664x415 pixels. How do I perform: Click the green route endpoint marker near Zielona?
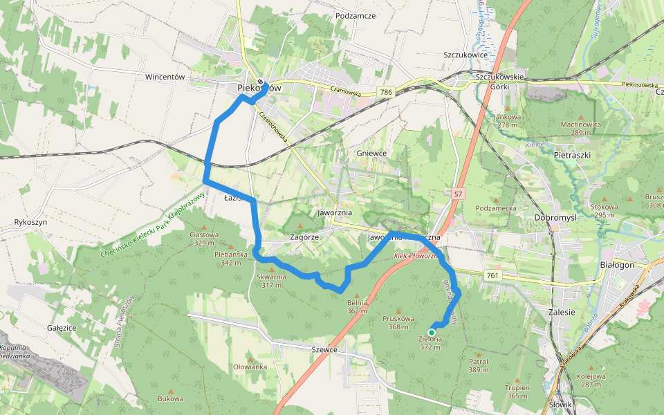point(432,332)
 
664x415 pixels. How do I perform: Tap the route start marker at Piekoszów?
point(260,84)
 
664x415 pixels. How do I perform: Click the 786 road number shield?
point(385,92)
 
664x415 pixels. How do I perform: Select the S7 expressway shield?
point(457,195)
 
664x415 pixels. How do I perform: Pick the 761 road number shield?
point(492,276)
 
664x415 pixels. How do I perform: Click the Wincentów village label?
point(165,77)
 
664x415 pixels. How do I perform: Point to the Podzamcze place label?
point(355,15)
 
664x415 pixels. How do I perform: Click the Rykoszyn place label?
point(30,223)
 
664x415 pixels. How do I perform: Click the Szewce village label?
point(324,349)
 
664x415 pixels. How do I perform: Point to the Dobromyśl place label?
point(555,217)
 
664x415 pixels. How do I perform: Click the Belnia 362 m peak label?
point(357,306)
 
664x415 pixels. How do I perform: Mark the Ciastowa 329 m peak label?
point(204,238)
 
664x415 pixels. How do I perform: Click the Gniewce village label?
point(373,153)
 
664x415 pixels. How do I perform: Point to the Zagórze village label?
point(304,237)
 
